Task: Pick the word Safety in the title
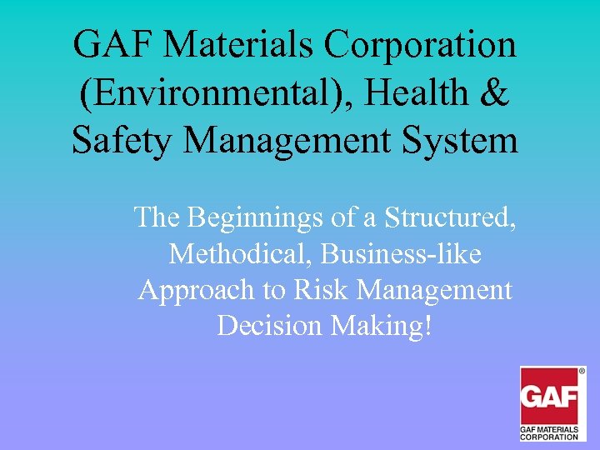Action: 121,140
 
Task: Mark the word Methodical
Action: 225,253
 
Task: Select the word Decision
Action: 269,325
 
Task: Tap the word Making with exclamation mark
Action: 382,325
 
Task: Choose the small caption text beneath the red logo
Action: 549,432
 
